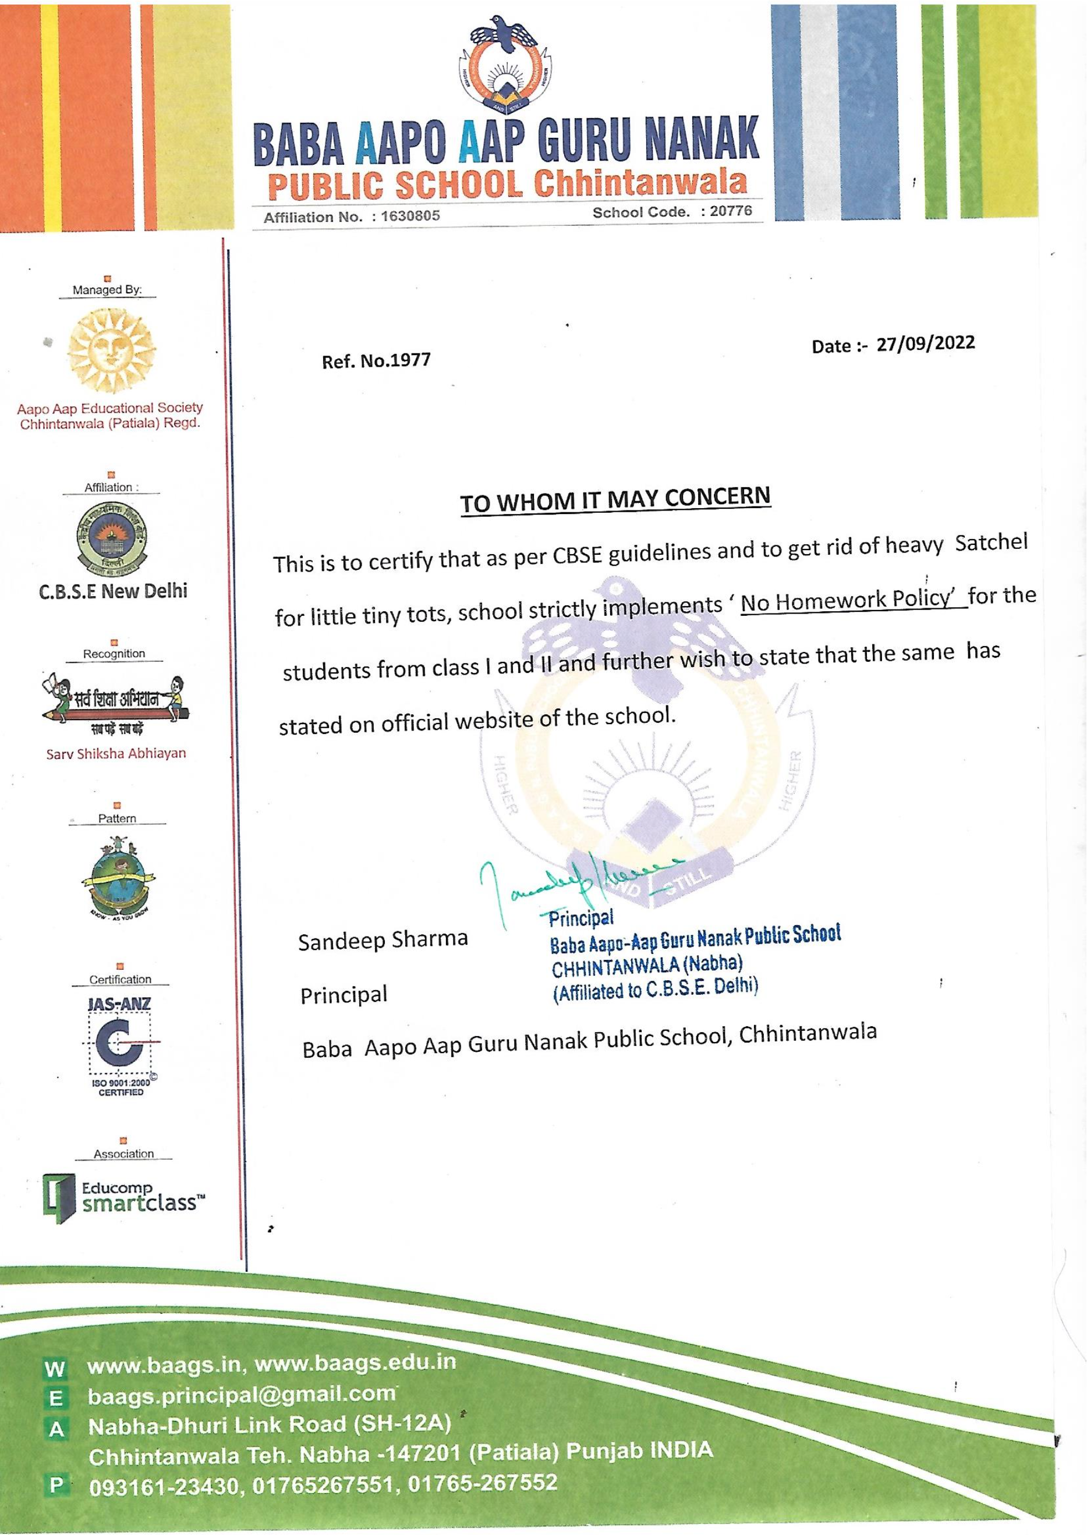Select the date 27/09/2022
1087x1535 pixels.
pos(926,343)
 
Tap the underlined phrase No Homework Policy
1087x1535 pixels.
pos(847,600)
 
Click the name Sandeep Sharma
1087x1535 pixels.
pos(383,940)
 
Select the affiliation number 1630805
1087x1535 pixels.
pos(410,217)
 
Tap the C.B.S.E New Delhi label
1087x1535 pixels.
pos(113,591)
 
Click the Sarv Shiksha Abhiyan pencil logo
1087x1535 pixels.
pos(115,703)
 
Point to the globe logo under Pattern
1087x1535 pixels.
pos(117,877)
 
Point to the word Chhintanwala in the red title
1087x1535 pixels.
pos(642,183)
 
